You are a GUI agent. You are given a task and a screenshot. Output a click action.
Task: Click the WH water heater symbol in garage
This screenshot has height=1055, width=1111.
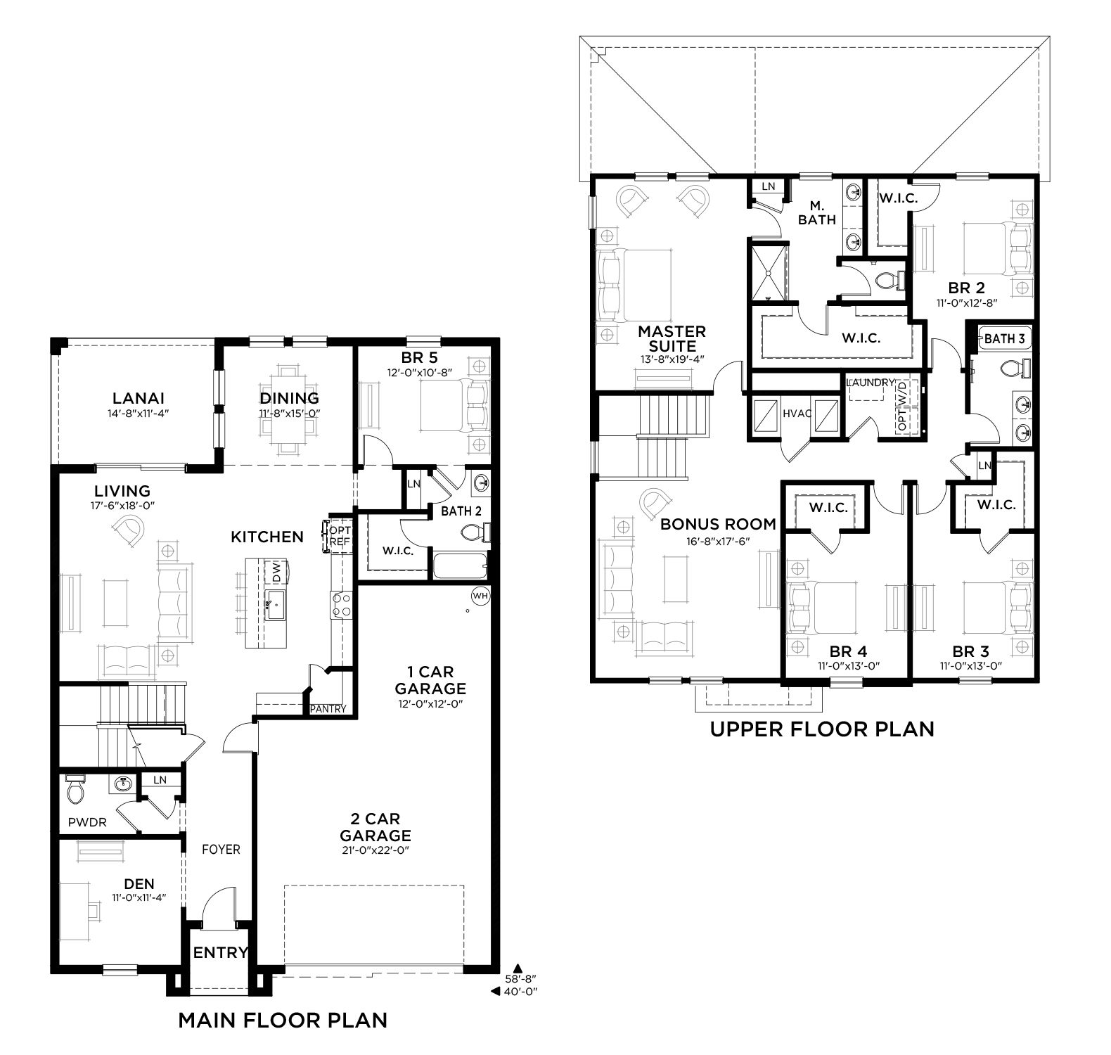480,596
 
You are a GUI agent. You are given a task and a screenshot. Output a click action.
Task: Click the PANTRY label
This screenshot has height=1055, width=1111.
328,708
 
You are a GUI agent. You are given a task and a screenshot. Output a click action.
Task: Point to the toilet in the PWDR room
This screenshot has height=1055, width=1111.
75,791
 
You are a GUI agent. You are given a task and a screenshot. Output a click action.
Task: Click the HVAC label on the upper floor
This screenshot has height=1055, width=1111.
797,414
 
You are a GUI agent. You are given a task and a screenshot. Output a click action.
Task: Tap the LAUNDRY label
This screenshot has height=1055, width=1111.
871,383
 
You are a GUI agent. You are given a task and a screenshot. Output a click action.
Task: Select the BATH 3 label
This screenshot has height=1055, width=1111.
1004,338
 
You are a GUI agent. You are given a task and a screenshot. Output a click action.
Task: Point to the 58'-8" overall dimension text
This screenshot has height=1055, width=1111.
521,978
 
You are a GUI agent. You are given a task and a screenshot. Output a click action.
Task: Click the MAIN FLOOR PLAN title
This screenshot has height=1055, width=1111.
283,1020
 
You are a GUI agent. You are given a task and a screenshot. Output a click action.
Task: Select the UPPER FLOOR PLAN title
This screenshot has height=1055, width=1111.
822,729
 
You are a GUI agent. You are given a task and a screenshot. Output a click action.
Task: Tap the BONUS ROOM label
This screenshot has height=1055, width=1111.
718,524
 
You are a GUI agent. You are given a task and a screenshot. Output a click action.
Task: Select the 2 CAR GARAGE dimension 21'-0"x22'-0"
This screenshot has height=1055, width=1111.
375,850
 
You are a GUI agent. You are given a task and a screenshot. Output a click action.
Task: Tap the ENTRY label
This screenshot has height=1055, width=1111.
220,953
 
